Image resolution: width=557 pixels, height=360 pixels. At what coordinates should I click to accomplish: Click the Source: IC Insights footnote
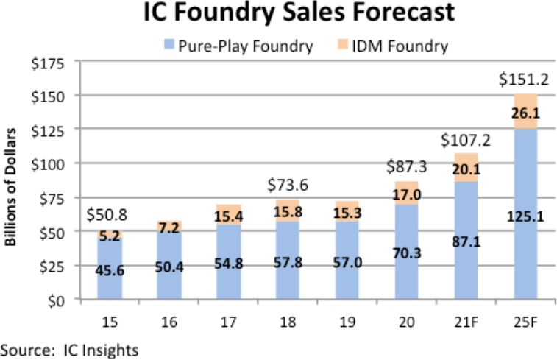pyautogui.click(x=70, y=347)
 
